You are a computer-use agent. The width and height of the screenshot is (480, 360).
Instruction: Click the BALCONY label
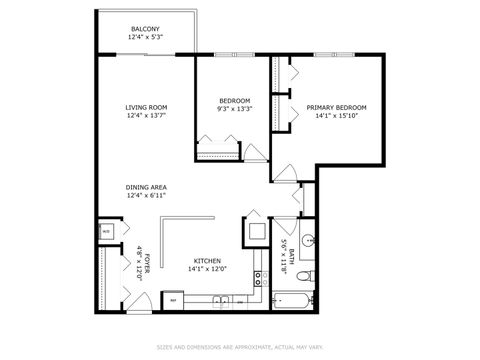click(x=145, y=29)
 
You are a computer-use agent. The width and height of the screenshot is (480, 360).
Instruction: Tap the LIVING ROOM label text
click(x=145, y=108)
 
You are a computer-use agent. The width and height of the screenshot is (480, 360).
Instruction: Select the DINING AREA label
click(x=145, y=187)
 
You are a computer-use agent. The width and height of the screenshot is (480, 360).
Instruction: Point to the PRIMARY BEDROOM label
click(x=336, y=108)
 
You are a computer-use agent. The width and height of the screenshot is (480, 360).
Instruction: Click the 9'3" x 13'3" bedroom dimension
click(x=235, y=109)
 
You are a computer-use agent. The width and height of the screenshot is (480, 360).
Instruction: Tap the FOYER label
click(x=147, y=262)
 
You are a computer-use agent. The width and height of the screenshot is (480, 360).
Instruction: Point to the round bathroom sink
click(x=309, y=239)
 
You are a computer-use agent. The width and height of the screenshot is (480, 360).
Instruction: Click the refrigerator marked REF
click(x=173, y=300)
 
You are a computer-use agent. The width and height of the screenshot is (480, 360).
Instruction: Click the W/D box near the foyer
click(x=107, y=231)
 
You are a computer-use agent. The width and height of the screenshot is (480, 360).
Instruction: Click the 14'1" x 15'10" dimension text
click(x=336, y=116)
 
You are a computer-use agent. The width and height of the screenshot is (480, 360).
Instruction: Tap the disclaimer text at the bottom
click(x=240, y=348)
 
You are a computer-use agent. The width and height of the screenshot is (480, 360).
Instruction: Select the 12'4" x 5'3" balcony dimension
click(x=145, y=37)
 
